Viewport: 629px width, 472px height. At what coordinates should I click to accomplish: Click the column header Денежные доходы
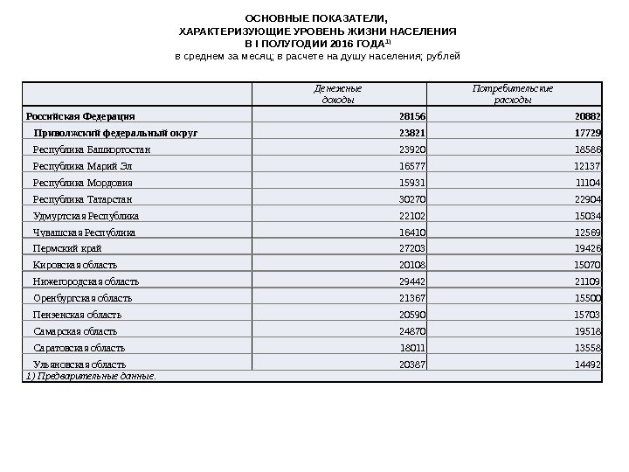click(338, 94)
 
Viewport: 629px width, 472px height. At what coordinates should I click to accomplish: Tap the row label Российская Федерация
click(80, 116)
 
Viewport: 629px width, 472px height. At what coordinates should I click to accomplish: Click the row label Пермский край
click(66, 248)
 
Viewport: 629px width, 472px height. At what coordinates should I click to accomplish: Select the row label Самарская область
click(75, 331)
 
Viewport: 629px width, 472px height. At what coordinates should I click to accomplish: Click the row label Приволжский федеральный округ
click(115, 133)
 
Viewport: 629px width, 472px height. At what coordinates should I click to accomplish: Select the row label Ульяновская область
click(79, 364)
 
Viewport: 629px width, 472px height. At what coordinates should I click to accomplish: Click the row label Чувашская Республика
click(85, 233)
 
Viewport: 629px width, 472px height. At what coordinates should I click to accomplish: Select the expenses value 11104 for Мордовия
click(588, 183)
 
